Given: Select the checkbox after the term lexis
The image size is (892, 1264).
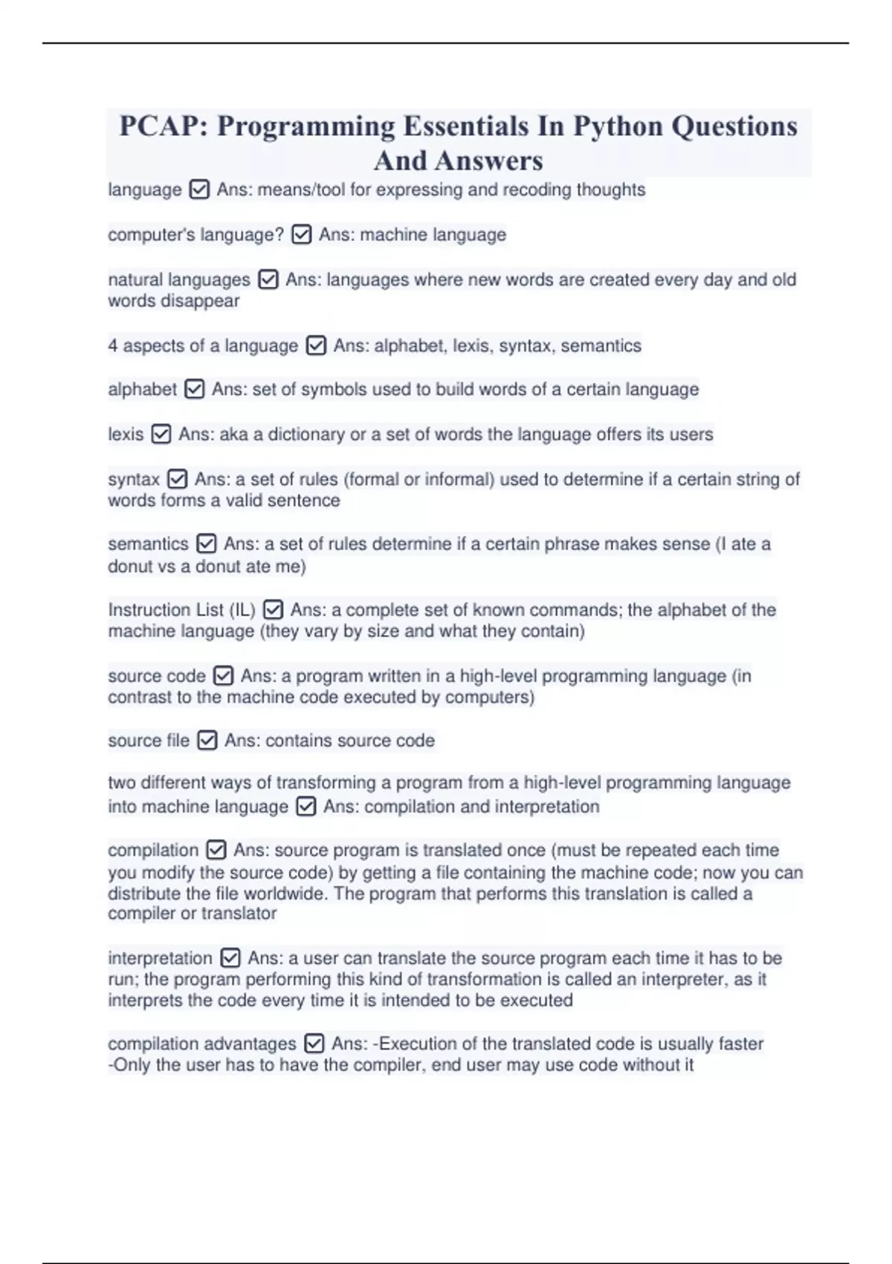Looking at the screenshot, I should click(161, 434).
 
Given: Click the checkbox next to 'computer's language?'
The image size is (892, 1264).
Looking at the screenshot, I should click(301, 235).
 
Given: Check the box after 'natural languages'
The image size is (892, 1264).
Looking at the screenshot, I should click(268, 280).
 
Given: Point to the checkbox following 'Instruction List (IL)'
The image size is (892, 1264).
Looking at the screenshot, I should click(273, 610).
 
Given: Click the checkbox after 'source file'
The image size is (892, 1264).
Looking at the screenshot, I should click(207, 741).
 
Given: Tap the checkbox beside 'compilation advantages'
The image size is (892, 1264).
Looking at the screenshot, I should click(314, 1044).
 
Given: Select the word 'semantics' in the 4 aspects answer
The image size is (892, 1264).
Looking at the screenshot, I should click(601, 346).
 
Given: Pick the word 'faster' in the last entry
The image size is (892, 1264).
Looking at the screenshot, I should click(736, 1044).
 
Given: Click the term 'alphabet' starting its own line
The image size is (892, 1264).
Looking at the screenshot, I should click(142, 390).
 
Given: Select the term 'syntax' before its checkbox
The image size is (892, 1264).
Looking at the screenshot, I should click(134, 480).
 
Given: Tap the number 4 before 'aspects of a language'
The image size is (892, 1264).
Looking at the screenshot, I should click(113, 346).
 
